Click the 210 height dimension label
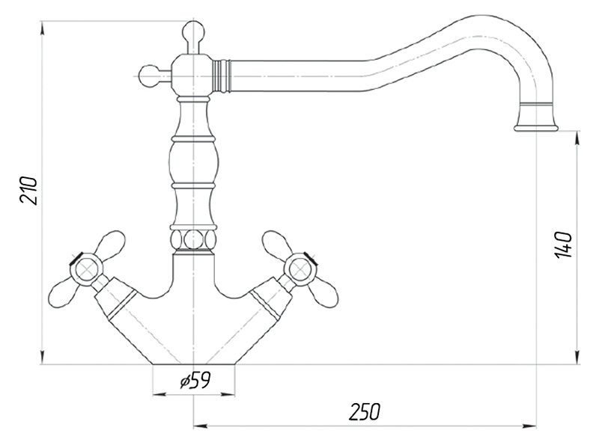pyautogui.click(x=29, y=191)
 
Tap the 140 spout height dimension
pyautogui.click(x=564, y=245)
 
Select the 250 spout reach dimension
pyautogui.click(x=365, y=411)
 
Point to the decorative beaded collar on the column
pyautogui.click(x=194, y=239)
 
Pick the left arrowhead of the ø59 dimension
pyautogui.click(x=159, y=394)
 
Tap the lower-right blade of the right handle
pyautogui.click(x=323, y=294)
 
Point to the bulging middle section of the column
pyautogui.click(x=194, y=162)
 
